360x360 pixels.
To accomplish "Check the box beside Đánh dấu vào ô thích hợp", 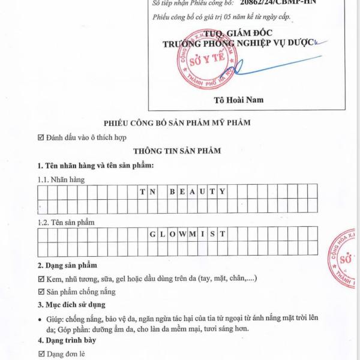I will [41, 137].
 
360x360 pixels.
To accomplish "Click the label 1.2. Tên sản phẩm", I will [66, 222].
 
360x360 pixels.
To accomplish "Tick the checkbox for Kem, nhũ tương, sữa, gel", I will [41, 279].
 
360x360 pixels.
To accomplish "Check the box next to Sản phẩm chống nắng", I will [41, 292].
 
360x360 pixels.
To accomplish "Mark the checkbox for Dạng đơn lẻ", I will [41, 354].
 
